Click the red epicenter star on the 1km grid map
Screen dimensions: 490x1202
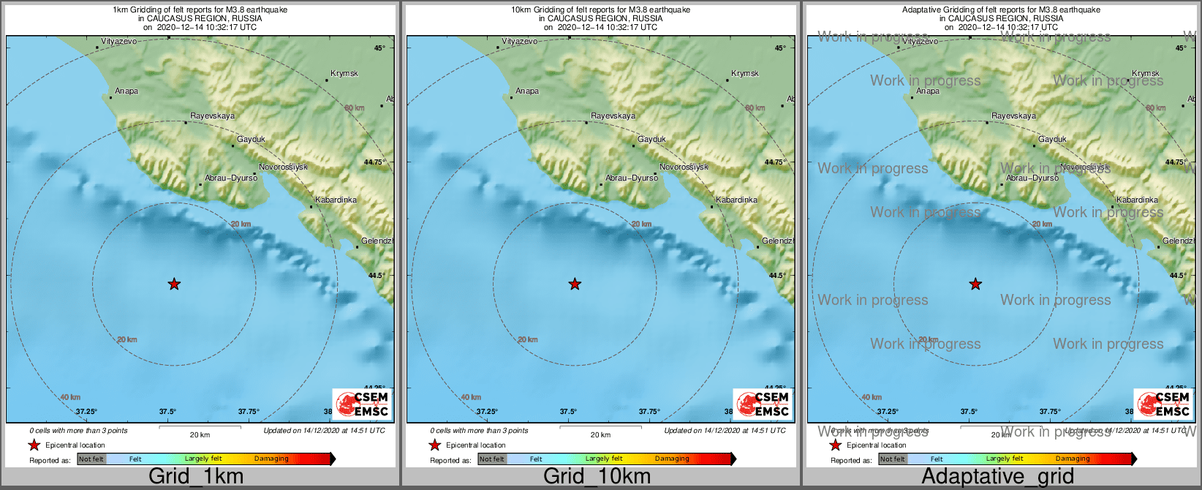[x=174, y=284]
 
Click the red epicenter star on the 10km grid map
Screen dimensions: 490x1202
[x=575, y=284]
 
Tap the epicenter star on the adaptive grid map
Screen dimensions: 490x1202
[x=975, y=284]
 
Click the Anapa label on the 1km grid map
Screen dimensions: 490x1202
[x=126, y=91]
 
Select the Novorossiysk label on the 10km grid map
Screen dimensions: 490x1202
[x=684, y=167]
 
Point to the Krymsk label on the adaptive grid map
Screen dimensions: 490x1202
[x=1146, y=73]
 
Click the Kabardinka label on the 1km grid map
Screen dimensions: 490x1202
[x=336, y=200]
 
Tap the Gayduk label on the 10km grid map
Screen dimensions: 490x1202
[x=651, y=139]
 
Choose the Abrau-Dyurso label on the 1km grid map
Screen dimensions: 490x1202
[x=231, y=178]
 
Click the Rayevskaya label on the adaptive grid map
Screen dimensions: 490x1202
[x=1013, y=116]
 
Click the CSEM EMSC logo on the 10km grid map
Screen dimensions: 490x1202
[x=763, y=404]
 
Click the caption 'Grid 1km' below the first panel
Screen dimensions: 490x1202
[x=195, y=477]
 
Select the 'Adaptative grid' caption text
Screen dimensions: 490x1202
[x=997, y=477]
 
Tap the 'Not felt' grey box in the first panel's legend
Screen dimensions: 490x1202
[x=91, y=459]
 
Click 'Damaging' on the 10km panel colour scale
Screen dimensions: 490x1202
[x=672, y=459]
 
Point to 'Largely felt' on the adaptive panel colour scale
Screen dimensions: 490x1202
[x=1004, y=459]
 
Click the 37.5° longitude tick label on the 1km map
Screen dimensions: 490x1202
[x=167, y=412]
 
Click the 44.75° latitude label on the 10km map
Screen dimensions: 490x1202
[x=775, y=162]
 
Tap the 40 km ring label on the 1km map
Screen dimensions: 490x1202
[x=70, y=397]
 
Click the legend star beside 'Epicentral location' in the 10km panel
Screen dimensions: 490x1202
[x=434, y=445]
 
